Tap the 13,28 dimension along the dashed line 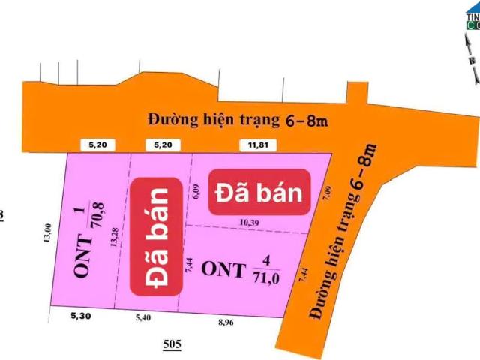[113, 232]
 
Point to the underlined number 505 [172, 345]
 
